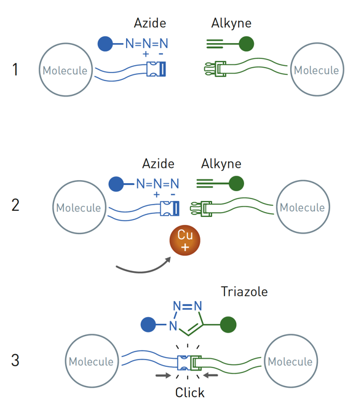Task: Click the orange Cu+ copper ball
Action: tap(185, 240)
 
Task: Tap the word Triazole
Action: tap(244, 291)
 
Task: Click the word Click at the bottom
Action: tap(190, 393)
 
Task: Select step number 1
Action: tap(15, 69)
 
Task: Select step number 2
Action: tap(15, 205)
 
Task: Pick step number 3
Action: tap(15, 360)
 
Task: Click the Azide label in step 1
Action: tap(150, 23)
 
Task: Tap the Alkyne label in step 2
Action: tap(221, 164)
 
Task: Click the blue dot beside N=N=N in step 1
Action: tap(105, 44)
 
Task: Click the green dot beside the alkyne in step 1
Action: tap(247, 44)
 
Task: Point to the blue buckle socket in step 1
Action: tap(156, 69)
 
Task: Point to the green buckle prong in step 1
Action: tap(215, 69)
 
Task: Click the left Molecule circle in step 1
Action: tap(66, 70)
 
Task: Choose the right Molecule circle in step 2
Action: tap(303, 207)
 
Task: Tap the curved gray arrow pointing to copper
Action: tap(142, 271)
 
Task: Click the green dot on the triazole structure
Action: tap(228, 324)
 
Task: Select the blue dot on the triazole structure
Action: tap(148, 324)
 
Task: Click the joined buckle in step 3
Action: tap(189, 363)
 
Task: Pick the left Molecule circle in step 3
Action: tap(92, 361)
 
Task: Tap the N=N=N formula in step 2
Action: tap(157, 184)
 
